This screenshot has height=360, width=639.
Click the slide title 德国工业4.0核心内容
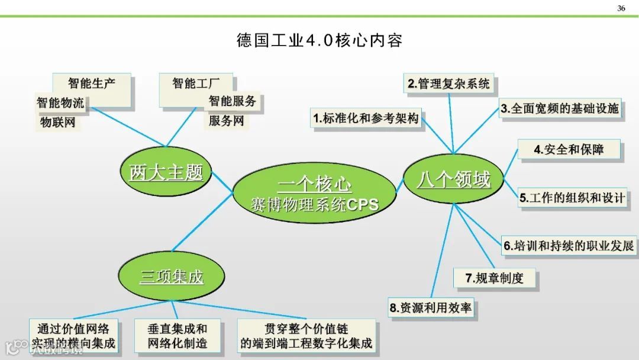coord(319,41)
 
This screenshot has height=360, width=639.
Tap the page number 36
coord(621,8)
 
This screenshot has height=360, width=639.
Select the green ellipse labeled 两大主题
coord(166,172)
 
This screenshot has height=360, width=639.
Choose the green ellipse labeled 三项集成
coord(171,276)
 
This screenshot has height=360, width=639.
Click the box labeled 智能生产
coord(91,83)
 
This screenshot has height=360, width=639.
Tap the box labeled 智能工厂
coord(196,83)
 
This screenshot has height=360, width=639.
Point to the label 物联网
coord(57,123)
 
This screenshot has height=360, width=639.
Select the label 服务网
coord(225,121)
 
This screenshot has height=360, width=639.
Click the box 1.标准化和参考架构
coord(366,118)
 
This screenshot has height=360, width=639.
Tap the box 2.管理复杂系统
coord(449,84)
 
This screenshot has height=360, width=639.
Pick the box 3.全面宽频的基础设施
coord(560,108)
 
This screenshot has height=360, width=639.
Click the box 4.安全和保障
coord(569,149)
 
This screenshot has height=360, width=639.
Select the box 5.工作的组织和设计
coord(572,198)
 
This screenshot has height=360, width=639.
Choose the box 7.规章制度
coord(495,278)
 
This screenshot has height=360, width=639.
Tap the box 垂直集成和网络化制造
coord(177,336)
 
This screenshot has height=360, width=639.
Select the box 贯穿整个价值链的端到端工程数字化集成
coord(306,336)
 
